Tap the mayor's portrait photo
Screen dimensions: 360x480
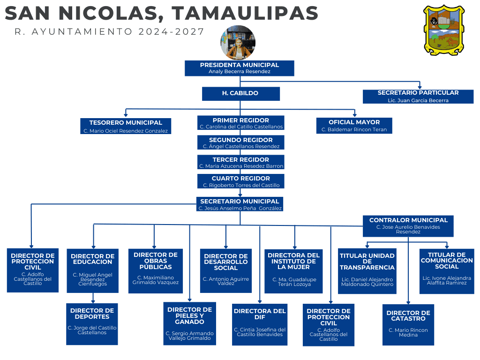tap(238, 43)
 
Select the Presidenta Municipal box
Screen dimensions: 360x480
tap(239, 68)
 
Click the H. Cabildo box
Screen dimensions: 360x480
tap(240, 93)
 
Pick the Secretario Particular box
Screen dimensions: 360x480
tap(418, 96)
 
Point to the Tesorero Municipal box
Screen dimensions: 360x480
tap(126, 126)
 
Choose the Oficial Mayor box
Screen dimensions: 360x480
tap(354, 126)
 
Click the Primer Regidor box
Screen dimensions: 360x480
tap(240, 123)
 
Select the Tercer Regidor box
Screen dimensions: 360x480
tap(241, 163)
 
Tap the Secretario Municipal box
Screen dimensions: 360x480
tap(240, 204)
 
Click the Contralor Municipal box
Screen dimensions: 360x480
tap(408, 225)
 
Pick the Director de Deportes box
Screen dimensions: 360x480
tap(92, 324)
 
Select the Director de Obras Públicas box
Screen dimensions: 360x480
tap(156, 271)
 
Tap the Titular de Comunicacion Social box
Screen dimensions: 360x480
tap(446, 271)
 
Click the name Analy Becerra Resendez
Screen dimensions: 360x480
tap(239, 72)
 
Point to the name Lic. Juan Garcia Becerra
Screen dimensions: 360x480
tap(418, 100)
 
